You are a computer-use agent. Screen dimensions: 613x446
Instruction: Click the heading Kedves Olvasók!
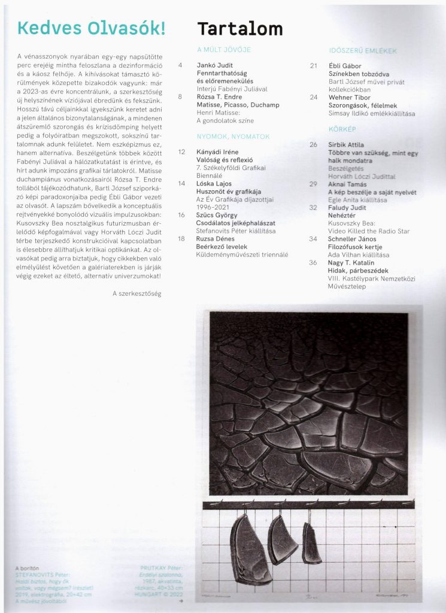[92, 28]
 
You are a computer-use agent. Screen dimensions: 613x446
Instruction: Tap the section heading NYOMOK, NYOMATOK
[233, 136]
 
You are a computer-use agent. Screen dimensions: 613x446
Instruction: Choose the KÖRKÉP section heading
[342, 129]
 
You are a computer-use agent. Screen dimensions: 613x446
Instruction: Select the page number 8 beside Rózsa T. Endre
[180, 96]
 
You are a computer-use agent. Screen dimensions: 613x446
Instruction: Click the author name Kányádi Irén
[217, 152]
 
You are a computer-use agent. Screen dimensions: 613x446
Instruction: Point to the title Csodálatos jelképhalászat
[235, 222]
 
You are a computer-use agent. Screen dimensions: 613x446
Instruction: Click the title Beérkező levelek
[220, 246]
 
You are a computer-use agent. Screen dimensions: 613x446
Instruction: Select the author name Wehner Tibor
[351, 97]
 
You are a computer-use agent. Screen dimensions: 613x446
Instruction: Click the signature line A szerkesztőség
[136, 293]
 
